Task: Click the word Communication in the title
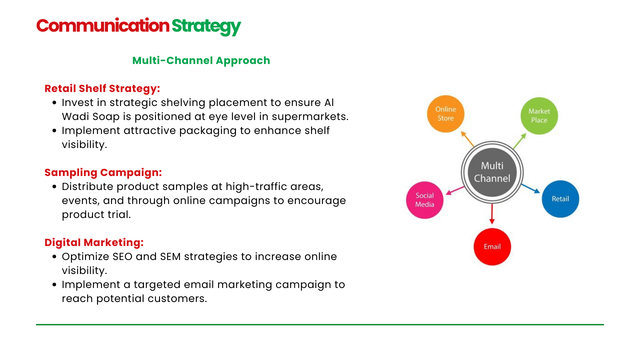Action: (103, 26)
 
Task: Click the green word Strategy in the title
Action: (206, 26)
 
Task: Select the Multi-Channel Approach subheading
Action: (201, 61)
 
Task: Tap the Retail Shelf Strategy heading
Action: (102, 88)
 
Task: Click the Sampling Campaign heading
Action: (103, 172)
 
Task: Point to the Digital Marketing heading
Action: (94, 242)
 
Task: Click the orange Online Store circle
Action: (446, 114)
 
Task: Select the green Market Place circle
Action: (539, 116)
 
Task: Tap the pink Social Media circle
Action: (425, 200)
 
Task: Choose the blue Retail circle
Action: (560, 199)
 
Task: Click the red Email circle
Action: (492, 247)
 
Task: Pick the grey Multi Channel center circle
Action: (492, 172)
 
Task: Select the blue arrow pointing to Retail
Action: (531, 188)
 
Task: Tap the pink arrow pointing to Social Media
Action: (455, 190)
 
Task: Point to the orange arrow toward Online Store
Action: (467, 139)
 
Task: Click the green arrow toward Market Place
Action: (519, 141)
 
